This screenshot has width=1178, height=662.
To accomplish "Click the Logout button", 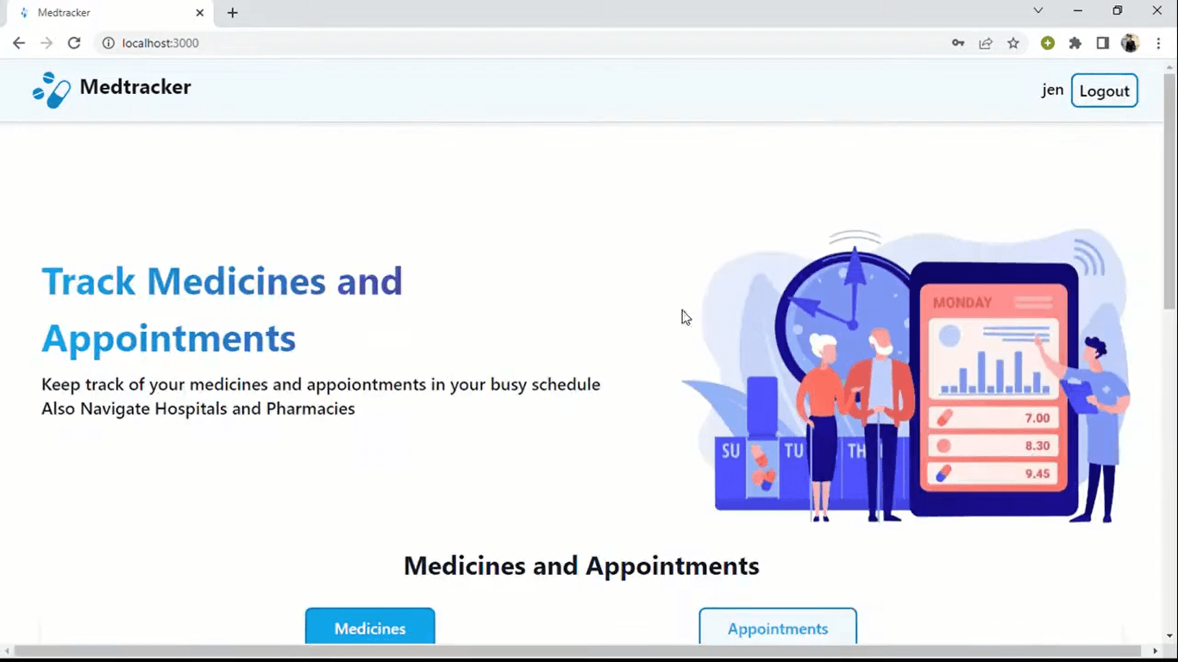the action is coord(1105,91).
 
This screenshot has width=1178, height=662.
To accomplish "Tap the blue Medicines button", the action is coord(370,627).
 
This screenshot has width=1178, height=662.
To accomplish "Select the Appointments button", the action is coord(778,627).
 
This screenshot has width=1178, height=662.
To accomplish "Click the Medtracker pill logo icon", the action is coord(51,90).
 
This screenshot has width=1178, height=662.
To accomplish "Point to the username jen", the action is coord(1052,90).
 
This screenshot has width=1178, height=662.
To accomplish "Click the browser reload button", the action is coord(74,43).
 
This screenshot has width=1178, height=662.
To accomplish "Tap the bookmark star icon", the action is coord(1013,43).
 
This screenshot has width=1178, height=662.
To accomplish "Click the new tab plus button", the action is coord(233,13).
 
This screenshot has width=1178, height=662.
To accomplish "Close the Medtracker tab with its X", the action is coord(200,13).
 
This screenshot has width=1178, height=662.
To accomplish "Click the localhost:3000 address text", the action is coord(160,43).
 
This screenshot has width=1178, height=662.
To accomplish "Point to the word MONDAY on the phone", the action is coord(962,303).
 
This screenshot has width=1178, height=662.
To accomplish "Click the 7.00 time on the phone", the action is coord(1037,418).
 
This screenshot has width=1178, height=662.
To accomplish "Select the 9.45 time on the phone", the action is coord(1037,474).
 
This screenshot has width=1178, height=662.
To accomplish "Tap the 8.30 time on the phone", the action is coord(1037,446).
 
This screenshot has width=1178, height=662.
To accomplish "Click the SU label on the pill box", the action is coord(730,451).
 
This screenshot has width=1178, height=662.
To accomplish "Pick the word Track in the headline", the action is coord(88,281).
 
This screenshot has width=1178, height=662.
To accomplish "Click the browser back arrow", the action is coord(18,43).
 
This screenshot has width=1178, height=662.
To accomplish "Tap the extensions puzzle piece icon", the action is coord(1075,43).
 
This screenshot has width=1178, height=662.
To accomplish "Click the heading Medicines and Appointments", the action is coord(581,565).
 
